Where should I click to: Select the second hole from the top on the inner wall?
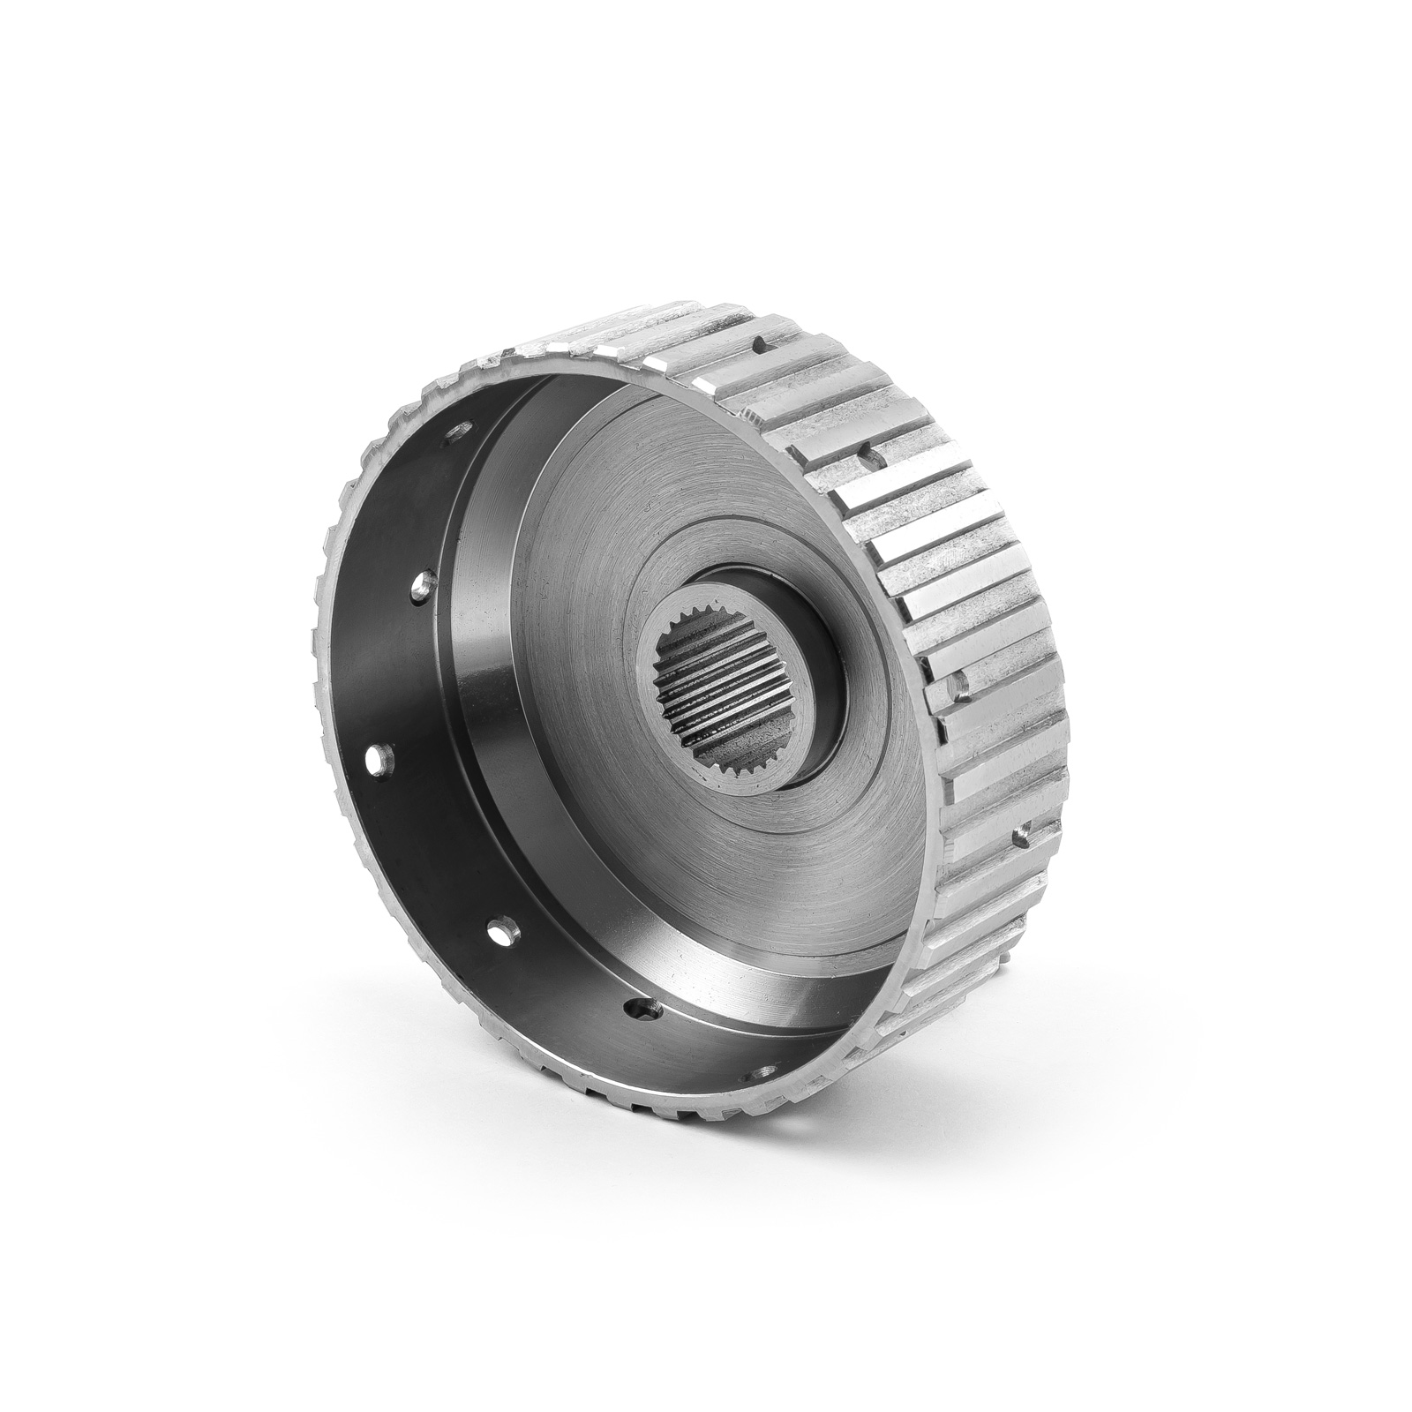[x=424, y=584]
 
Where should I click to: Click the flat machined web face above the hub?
[x=671, y=521]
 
